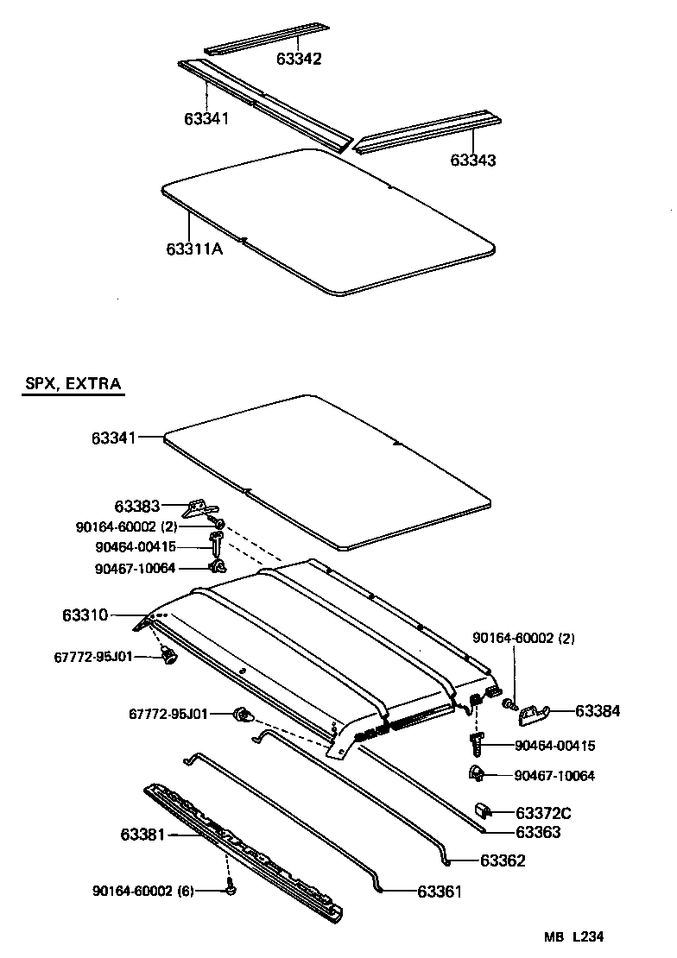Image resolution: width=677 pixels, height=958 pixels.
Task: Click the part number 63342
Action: (x=299, y=60)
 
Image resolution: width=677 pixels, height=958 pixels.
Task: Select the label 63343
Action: (x=472, y=161)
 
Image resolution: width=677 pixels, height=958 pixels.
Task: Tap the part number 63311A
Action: (x=194, y=249)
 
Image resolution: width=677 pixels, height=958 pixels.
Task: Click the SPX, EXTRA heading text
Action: (x=73, y=383)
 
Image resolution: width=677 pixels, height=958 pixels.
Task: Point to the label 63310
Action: (x=85, y=615)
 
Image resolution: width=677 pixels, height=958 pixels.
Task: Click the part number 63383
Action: (x=136, y=506)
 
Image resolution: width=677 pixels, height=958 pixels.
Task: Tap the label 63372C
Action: (x=543, y=812)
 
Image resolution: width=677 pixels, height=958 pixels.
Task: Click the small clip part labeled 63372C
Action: (x=484, y=810)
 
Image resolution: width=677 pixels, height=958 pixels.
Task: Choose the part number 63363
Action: (x=538, y=832)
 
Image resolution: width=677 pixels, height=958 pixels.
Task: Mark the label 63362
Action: (x=503, y=860)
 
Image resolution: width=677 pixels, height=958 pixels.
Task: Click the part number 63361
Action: (x=440, y=892)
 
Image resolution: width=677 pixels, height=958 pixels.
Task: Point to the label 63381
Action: (x=142, y=835)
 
